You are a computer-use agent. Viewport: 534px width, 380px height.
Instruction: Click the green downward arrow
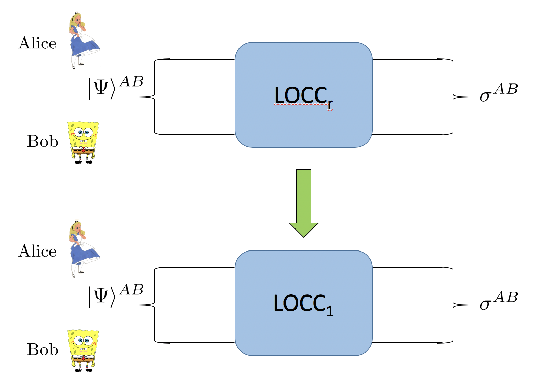click(x=304, y=203)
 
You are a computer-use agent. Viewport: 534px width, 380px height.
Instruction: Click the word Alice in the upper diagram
click(x=37, y=43)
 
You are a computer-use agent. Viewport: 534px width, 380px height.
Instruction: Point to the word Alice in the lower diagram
click(x=37, y=251)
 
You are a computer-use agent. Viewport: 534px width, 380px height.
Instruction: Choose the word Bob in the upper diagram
click(x=43, y=141)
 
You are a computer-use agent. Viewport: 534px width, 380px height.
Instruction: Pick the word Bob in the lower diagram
click(x=43, y=349)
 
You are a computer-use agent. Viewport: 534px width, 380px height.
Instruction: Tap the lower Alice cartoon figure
click(x=82, y=249)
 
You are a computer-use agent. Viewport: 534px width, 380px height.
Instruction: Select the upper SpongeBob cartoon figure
click(x=83, y=142)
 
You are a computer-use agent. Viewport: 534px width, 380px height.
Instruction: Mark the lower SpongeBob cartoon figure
click(x=83, y=350)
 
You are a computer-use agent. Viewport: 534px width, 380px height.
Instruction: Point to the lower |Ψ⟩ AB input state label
click(x=115, y=295)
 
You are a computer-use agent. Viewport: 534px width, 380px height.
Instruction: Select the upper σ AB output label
click(x=498, y=93)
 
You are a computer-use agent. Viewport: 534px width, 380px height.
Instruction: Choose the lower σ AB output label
click(x=498, y=301)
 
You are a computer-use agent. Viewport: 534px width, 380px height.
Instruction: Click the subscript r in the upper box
click(x=330, y=103)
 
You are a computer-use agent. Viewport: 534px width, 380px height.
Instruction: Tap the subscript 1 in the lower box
click(x=330, y=311)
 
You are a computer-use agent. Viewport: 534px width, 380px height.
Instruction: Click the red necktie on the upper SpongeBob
click(x=83, y=150)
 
